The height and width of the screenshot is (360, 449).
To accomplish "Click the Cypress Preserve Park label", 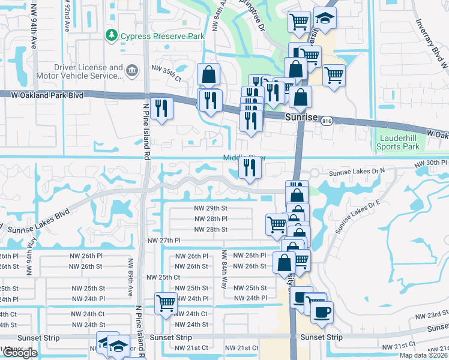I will click(x=162, y=36).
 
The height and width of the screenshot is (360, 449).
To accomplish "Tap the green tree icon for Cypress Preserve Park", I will click(x=112, y=36).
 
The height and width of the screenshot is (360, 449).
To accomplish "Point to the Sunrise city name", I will click(x=301, y=118).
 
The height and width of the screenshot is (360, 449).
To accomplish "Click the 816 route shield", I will click(x=327, y=121).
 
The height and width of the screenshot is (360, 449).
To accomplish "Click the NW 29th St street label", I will click(x=211, y=208).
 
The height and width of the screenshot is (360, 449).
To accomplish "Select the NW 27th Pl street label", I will click(x=164, y=240).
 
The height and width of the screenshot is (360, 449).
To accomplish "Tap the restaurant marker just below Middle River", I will click(x=249, y=169).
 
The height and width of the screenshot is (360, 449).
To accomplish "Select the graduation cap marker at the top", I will click(x=325, y=19).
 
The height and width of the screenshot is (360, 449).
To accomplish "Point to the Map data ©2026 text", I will click(x=423, y=355).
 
